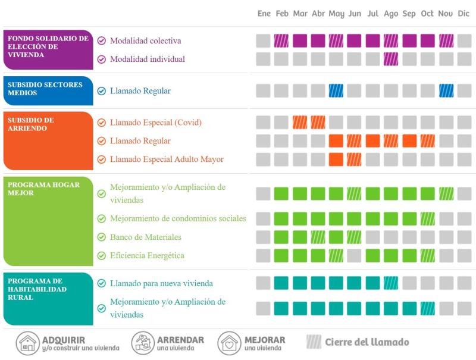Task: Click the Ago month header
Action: (x=391, y=14)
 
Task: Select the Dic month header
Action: (x=464, y=14)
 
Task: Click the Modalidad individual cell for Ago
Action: (x=391, y=59)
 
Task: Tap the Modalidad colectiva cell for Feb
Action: (x=281, y=40)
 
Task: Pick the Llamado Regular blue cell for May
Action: (x=336, y=90)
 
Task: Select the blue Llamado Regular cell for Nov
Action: (x=446, y=90)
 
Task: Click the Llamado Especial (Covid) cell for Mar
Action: (x=300, y=122)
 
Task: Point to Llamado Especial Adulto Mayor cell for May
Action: (x=336, y=159)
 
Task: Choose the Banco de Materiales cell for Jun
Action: (x=355, y=237)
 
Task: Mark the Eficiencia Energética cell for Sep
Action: (x=409, y=255)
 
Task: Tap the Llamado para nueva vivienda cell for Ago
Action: (x=391, y=283)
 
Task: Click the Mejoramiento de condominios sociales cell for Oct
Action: (x=427, y=218)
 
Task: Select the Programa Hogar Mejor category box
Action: (x=48, y=221)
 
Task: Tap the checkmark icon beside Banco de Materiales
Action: (x=102, y=237)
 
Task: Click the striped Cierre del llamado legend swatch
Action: (x=314, y=342)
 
